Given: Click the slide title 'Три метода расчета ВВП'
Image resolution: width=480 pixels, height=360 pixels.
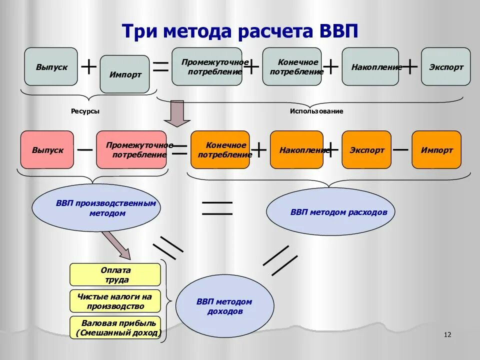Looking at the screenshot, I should pos(240,31).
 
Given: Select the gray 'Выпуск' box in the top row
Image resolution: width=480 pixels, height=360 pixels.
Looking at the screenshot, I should pos(51,66).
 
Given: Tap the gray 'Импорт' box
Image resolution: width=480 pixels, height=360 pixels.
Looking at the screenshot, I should pos(124,74).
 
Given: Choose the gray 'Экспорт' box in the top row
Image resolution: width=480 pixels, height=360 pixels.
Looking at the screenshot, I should pos(445,66).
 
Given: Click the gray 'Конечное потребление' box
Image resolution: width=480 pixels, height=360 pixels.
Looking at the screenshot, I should pos(292,66).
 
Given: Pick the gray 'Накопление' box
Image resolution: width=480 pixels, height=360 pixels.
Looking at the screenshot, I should pos(370,66).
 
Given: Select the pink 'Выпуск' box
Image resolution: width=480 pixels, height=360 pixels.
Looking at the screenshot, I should pos(47,149).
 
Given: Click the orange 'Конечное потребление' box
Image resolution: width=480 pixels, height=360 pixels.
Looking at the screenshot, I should pos(220,149).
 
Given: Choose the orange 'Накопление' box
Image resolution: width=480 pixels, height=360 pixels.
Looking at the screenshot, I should pos(296,149).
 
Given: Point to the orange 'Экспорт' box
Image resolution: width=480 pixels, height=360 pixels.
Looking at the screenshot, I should pos(366,149).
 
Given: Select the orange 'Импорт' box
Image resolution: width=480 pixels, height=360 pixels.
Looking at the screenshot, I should pos(436,149).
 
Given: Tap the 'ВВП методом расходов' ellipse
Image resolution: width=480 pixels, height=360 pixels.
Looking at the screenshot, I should pos(330,212).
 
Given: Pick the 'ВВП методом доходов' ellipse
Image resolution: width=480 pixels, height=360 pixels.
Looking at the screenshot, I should pos(224,306).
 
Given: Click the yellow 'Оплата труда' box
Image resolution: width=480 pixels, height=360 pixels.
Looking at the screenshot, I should pos(115,275).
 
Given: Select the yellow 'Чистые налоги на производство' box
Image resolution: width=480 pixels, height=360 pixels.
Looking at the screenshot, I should pos(115,301).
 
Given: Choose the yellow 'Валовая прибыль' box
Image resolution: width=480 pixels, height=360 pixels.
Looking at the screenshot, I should pos(115,327).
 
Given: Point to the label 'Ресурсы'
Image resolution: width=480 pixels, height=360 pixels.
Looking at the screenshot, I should pos(85,111).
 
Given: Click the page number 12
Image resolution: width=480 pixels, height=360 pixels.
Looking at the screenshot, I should pos(447,334).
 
